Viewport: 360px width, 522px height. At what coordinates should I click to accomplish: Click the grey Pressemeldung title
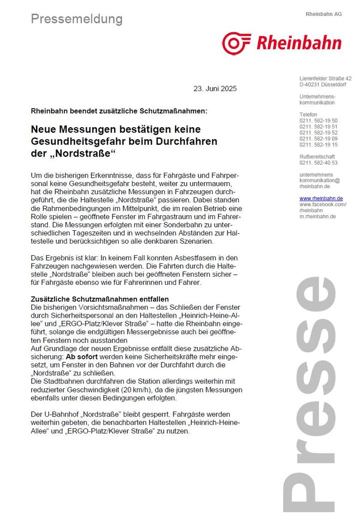[x=76, y=19]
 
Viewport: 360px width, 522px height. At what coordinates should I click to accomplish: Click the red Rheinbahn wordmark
[x=298, y=43]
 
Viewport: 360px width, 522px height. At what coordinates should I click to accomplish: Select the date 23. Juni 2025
[x=215, y=89]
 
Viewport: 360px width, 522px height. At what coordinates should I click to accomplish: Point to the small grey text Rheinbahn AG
[x=323, y=14]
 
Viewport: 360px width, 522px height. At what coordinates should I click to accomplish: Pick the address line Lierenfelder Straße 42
[x=325, y=79]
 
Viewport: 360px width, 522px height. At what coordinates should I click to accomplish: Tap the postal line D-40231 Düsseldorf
[x=323, y=85]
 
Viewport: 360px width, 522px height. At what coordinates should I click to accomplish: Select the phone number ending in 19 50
[x=318, y=121]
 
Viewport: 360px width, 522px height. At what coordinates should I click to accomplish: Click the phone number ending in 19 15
[x=318, y=145]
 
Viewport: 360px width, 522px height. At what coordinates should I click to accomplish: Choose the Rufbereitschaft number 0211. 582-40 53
[x=318, y=163]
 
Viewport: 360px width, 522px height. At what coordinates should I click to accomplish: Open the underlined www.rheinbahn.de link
[x=320, y=199]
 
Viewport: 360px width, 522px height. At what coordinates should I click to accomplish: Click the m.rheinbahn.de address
[x=317, y=217]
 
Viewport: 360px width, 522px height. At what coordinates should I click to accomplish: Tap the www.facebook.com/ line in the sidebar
[x=322, y=205]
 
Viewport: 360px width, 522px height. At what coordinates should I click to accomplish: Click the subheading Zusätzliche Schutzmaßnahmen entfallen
[x=99, y=299]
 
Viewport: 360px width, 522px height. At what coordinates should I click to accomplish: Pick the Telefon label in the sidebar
[x=308, y=115]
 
